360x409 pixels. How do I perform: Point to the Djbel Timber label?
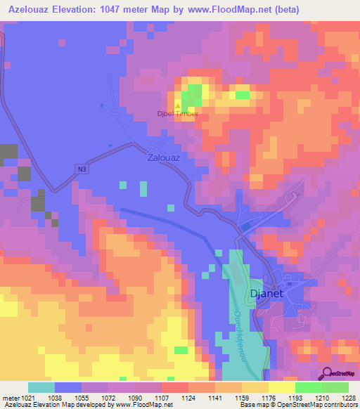(177, 114)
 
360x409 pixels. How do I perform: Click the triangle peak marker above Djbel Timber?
(177, 105)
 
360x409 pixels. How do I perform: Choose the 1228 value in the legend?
(341, 398)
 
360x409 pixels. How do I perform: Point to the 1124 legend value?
(188, 398)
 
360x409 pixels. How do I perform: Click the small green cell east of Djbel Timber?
(242, 95)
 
